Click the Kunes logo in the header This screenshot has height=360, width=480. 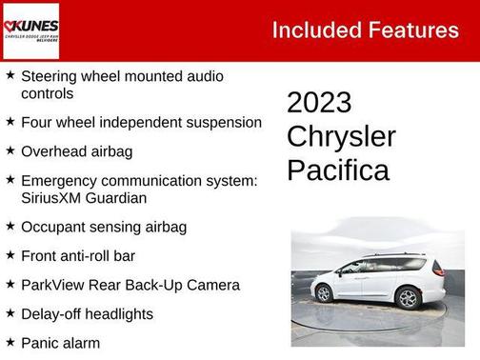pos(31,30)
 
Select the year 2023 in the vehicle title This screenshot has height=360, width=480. pos(319,103)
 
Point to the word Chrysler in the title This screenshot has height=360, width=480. pos(341,136)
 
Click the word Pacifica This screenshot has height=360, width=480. pos(338,170)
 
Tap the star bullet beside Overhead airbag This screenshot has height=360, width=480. pos(10,150)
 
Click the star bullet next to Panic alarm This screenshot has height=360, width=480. pos(10,341)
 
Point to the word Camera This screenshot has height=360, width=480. pos(211,284)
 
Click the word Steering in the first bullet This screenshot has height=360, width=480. pos(50,76)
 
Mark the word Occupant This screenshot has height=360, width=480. pos(51,227)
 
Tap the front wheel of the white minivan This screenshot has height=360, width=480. pos(408,298)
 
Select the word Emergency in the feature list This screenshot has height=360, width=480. pos(59,179)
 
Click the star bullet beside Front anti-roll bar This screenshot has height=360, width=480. pos(10,255)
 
